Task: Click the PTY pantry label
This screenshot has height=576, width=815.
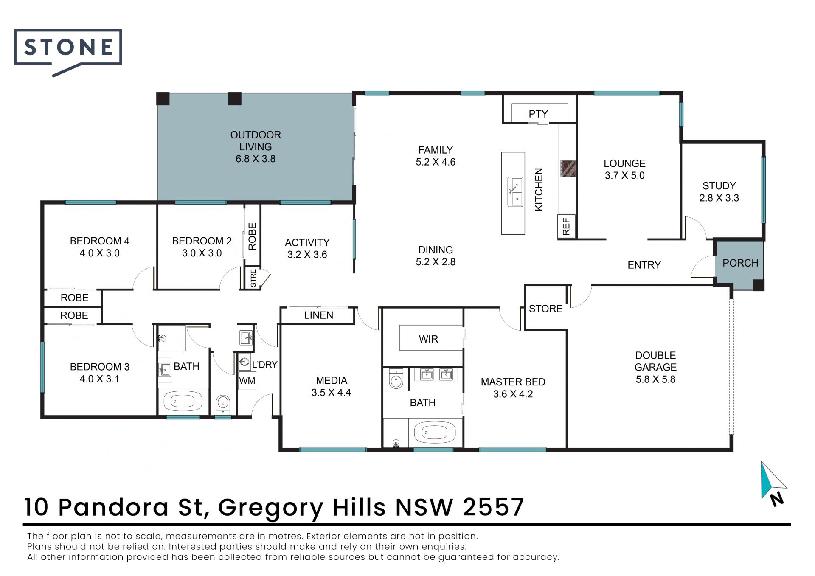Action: (x=538, y=114)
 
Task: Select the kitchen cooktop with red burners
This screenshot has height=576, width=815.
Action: (x=568, y=169)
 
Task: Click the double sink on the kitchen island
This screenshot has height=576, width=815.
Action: (x=515, y=192)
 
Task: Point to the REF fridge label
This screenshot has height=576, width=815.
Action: (x=566, y=226)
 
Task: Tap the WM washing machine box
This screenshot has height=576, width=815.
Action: (x=247, y=381)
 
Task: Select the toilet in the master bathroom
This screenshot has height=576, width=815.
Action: (x=396, y=379)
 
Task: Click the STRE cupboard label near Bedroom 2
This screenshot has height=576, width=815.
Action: (x=253, y=278)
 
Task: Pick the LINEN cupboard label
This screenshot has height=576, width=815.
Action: (x=319, y=315)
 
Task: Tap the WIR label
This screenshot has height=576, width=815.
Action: (x=428, y=339)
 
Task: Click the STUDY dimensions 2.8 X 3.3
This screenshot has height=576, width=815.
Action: (x=719, y=198)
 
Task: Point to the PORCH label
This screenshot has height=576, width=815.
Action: (x=740, y=263)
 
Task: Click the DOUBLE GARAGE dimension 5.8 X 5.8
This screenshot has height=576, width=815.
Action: (x=655, y=379)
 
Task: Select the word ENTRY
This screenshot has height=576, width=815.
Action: (x=644, y=265)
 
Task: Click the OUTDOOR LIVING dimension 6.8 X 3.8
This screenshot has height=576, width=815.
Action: (x=256, y=159)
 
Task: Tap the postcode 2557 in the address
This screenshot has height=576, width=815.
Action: (x=493, y=507)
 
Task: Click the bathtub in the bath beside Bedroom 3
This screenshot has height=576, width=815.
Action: (x=183, y=401)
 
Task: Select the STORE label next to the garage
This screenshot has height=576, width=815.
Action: (x=545, y=309)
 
